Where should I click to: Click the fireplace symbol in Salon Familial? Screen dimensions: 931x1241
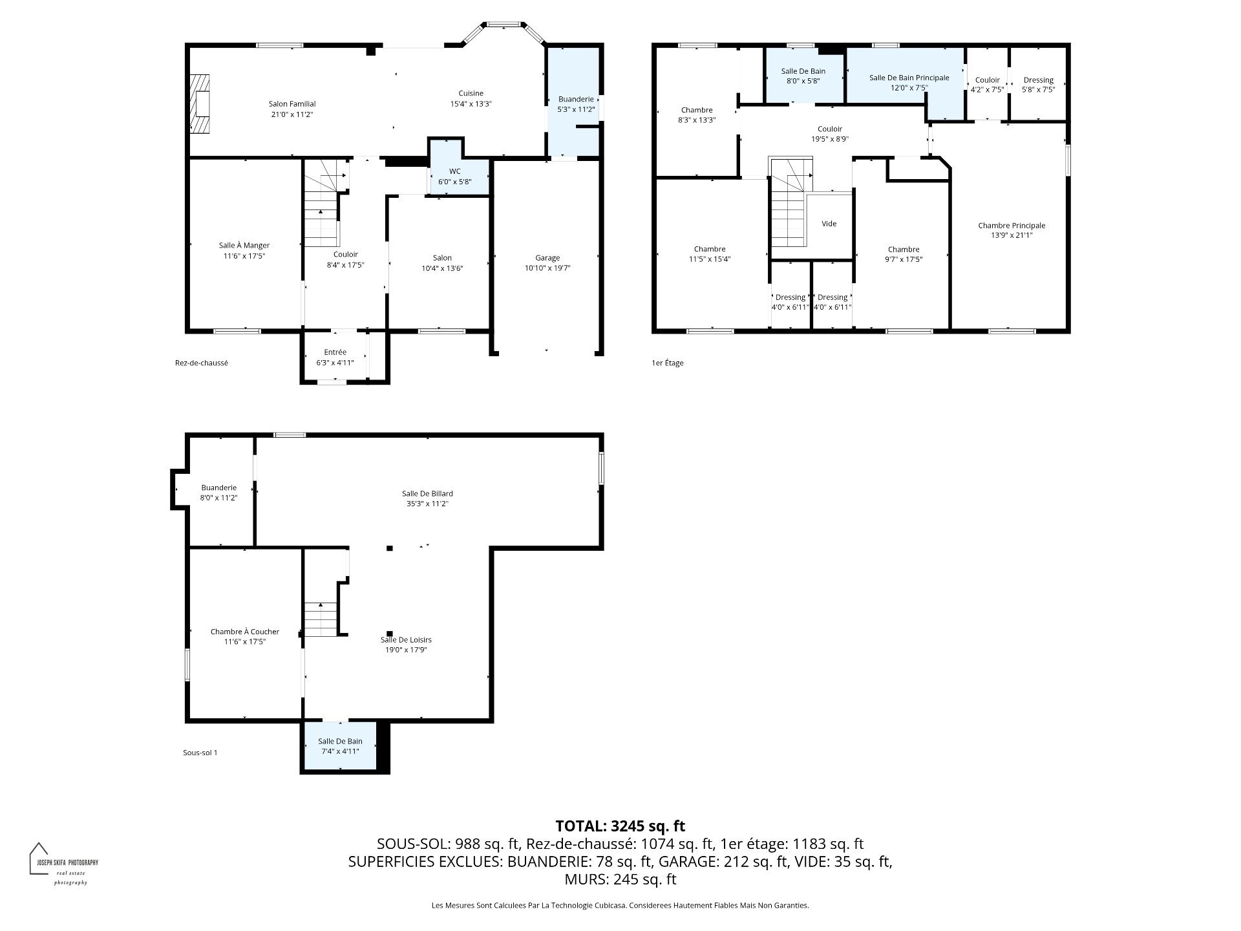200,103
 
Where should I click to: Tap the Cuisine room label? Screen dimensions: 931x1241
471,93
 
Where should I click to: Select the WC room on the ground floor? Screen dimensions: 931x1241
455,176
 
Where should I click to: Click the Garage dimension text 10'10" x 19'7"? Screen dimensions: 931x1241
547,268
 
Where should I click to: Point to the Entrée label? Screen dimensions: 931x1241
335,352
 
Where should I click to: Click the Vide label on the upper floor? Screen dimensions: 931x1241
829,224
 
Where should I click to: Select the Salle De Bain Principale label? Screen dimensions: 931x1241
909,78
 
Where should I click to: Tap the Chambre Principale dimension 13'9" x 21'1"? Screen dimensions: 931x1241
1012,235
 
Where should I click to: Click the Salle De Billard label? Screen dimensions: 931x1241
427,493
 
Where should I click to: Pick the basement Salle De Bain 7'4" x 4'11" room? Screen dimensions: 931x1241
339,746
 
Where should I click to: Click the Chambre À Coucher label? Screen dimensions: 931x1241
245,632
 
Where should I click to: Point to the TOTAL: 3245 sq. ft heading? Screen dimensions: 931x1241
620,826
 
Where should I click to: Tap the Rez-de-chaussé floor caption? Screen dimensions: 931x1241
201,363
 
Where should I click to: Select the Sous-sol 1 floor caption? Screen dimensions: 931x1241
200,753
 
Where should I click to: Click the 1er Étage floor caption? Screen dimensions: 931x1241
667,363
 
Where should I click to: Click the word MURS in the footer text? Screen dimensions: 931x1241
584,879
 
